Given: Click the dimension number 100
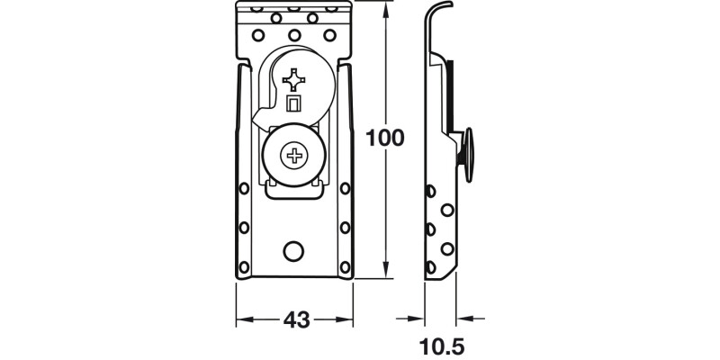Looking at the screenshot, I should [385, 139].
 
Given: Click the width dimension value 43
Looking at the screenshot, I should [296, 319].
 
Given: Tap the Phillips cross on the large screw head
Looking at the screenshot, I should [294, 158].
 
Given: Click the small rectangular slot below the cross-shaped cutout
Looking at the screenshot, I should [293, 105].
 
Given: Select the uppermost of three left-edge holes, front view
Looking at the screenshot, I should [243, 190].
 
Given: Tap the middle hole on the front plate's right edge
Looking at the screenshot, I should [343, 227].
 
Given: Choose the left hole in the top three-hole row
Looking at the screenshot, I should [258, 35].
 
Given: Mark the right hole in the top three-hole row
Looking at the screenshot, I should [329, 35].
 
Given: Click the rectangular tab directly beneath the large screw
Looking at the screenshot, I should [294, 186].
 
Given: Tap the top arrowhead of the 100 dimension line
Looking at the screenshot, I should [387, 8].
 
